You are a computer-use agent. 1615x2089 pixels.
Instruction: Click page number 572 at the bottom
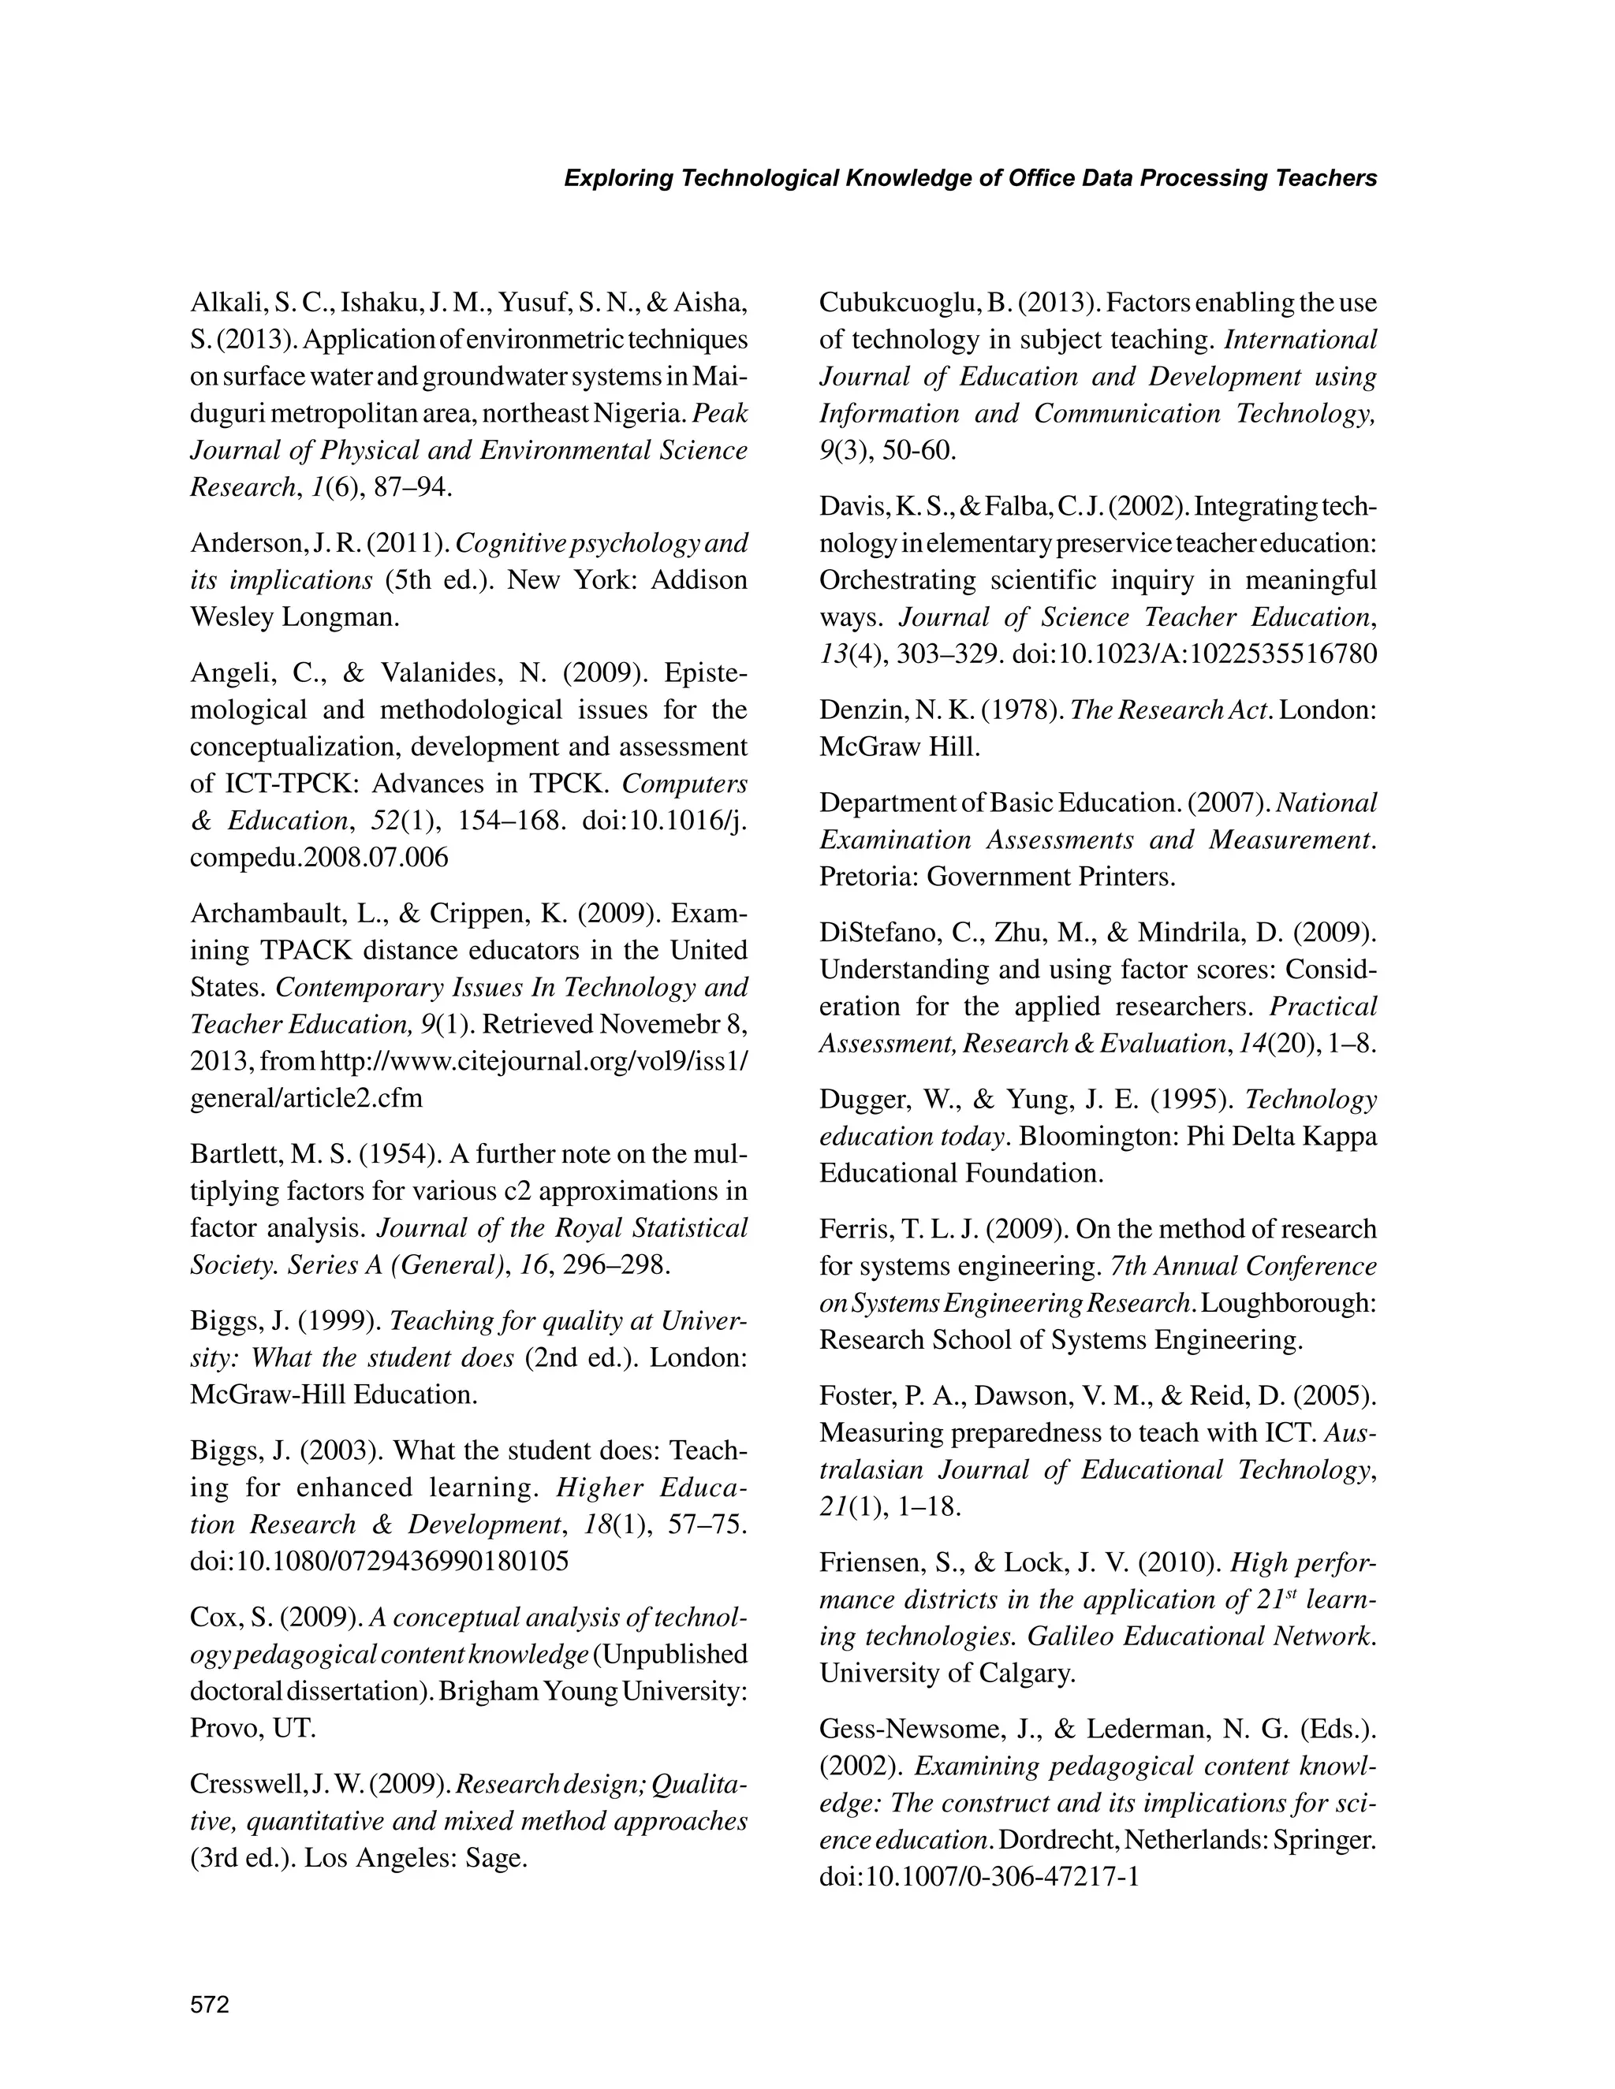[x=210, y=2005]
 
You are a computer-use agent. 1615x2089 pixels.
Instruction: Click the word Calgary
[x=1026, y=1673]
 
